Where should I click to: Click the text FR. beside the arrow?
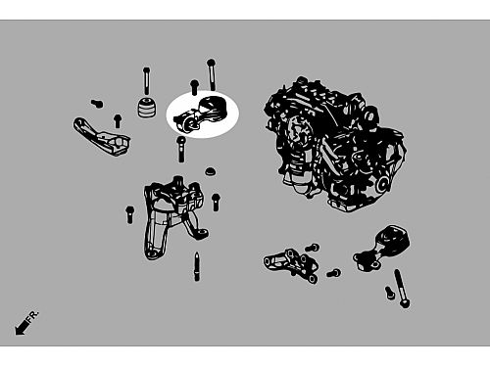point(33,316)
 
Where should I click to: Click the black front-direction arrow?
point(22,327)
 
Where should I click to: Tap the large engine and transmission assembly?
point(335,144)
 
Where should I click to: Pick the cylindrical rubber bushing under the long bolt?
point(147,107)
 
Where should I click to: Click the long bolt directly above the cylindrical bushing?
point(146,81)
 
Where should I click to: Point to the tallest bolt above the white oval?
point(212,74)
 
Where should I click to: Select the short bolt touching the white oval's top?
point(194,87)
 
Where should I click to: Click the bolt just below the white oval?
point(181,149)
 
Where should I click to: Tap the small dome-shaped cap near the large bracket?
point(211,171)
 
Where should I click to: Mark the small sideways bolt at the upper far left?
point(97,104)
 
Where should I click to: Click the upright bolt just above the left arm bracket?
point(118,120)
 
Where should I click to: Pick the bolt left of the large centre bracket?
point(129,214)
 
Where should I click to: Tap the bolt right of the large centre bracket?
point(216,202)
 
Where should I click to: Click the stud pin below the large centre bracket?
point(197,266)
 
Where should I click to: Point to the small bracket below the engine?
point(291,265)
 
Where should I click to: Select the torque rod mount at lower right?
point(381,249)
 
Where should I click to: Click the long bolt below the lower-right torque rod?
point(402,289)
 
